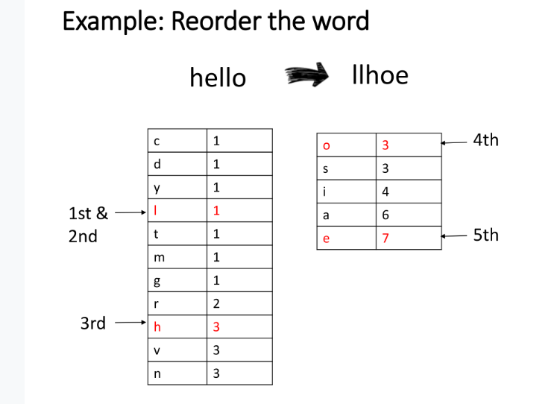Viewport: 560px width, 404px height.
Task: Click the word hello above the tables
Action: [218, 77]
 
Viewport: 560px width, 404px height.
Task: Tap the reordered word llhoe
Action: [380, 75]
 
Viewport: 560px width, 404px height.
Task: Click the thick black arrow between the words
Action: [306, 75]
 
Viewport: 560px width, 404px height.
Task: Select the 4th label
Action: [485, 140]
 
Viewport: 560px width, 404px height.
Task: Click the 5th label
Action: [485, 235]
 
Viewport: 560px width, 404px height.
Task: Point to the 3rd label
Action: [92, 323]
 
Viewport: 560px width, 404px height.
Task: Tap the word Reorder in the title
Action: [215, 21]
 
